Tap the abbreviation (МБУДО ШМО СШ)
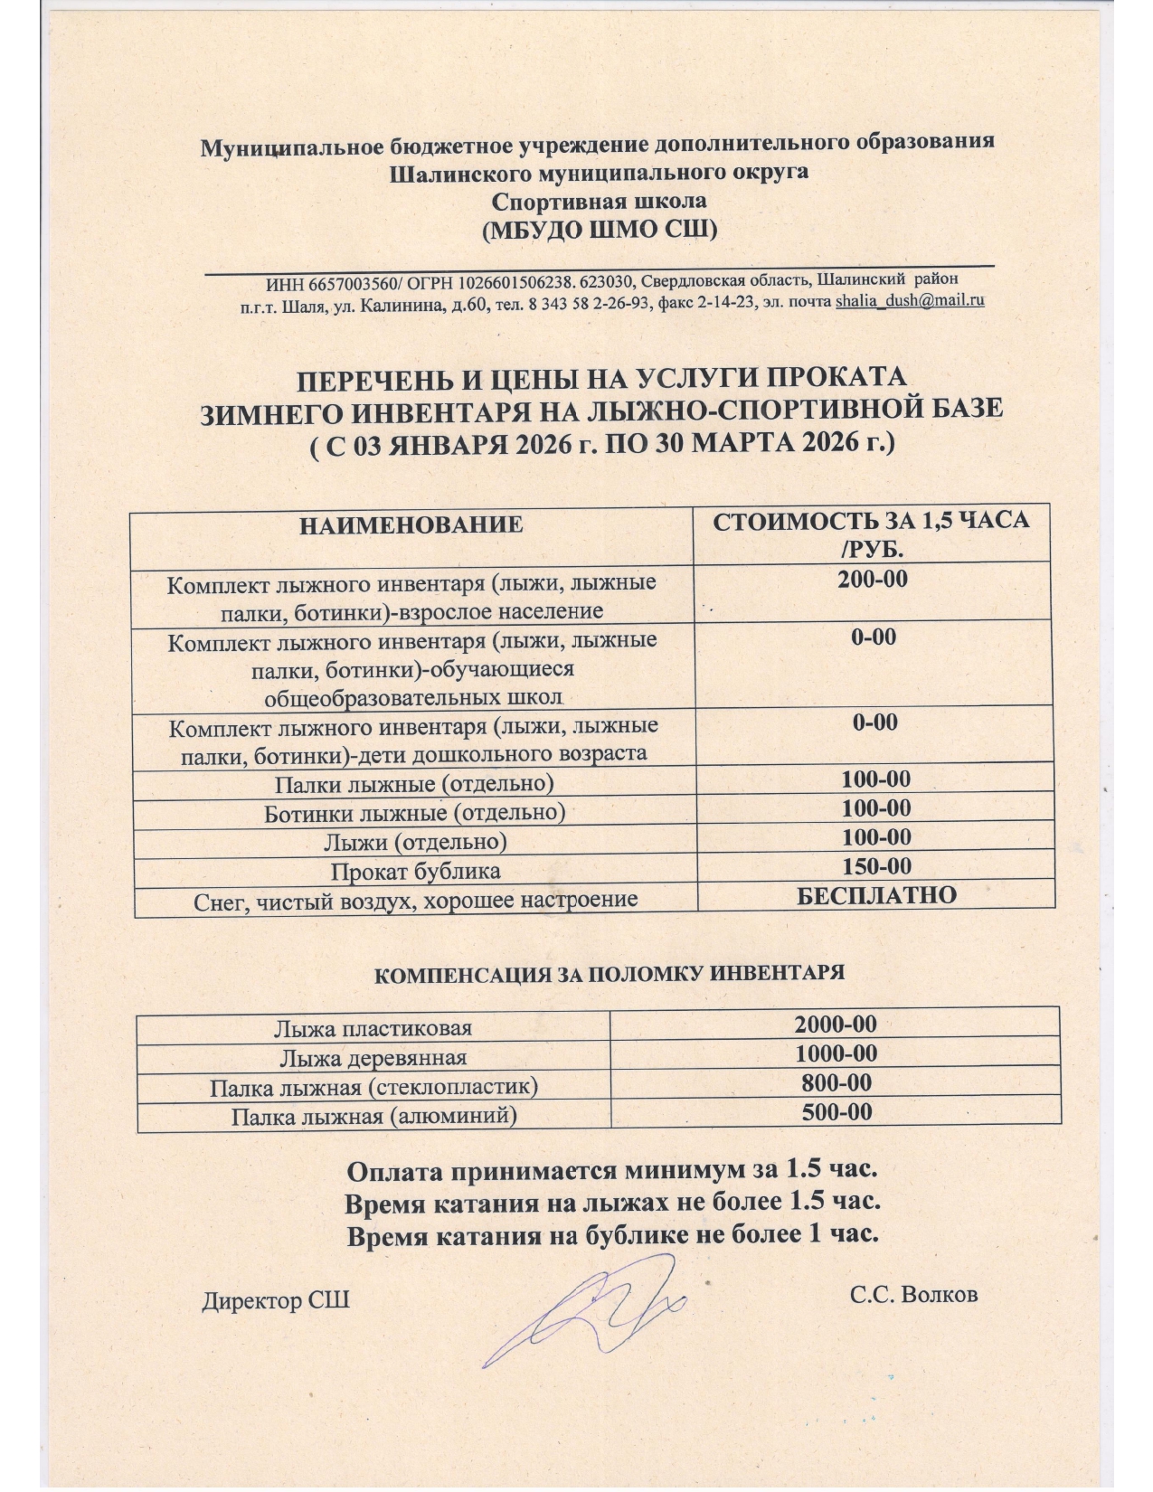point(600,230)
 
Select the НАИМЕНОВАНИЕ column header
point(411,524)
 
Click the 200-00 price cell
point(873,580)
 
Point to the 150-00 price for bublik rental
point(876,866)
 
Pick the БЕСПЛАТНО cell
point(876,895)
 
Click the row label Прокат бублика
point(415,872)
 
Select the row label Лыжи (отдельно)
point(415,842)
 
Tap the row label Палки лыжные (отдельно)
point(414,783)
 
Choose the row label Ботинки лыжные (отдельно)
point(414,813)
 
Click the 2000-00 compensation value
point(836,1025)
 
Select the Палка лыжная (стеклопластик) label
point(373,1087)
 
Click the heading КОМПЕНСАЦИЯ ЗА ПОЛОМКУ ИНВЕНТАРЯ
point(609,974)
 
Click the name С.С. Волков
point(913,1295)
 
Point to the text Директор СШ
point(275,1301)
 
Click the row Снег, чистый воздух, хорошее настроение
point(416,900)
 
